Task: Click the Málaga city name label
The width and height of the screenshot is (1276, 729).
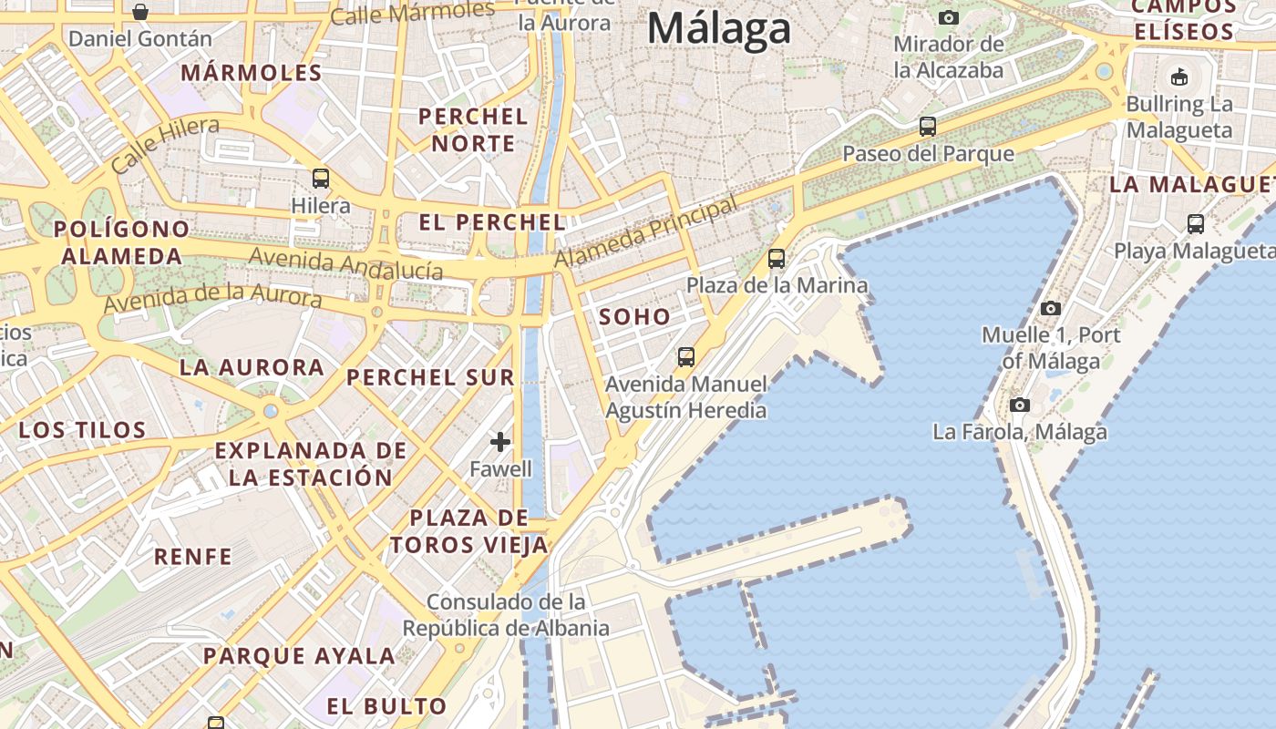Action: pyautogui.click(x=718, y=28)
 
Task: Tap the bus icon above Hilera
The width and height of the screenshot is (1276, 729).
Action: pyautogui.click(x=320, y=178)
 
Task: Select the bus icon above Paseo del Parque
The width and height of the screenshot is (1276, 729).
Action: pyautogui.click(x=927, y=127)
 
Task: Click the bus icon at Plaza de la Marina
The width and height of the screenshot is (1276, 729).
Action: pyautogui.click(x=776, y=259)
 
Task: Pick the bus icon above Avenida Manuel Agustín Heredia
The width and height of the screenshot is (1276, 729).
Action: pyautogui.click(x=685, y=357)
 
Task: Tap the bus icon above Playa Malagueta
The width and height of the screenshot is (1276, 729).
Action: pyautogui.click(x=1195, y=223)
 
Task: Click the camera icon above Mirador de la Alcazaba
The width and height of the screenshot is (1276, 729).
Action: pyautogui.click(x=948, y=17)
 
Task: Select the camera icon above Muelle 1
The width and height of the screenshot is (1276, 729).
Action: pyautogui.click(x=1050, y=308)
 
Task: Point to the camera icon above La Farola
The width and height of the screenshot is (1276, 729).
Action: pyautogui.click(x=1019, y=405)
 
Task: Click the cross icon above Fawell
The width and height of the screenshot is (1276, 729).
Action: pyautogui.click(x=499, y=442)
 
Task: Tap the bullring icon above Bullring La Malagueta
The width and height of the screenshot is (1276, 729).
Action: pyautogui.click(x=1178, y=77)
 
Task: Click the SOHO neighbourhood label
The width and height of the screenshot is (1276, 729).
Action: pyautogui.click(x=634, y=317)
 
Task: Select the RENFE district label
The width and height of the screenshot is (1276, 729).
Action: pyautogui.click(x=192, y=557)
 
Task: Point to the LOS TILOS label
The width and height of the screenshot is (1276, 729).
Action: pyautogui.click(x=82, y=430)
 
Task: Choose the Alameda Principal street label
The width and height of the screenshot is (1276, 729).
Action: pyautogui.click(x=645, y=232)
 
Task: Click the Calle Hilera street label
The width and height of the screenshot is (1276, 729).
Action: pyautogui.click(x=165, y=145)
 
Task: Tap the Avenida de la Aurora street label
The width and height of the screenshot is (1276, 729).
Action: pyautogui.click(x=212, y=297)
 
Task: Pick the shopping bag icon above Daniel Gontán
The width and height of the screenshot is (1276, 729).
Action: pyautogui.click(x=140, y=12)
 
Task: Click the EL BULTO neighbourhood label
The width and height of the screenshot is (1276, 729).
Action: pyautogui.click(x=386, y=706)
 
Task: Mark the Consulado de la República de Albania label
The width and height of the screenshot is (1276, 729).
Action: pyautogui.click(x=506, y=615)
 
